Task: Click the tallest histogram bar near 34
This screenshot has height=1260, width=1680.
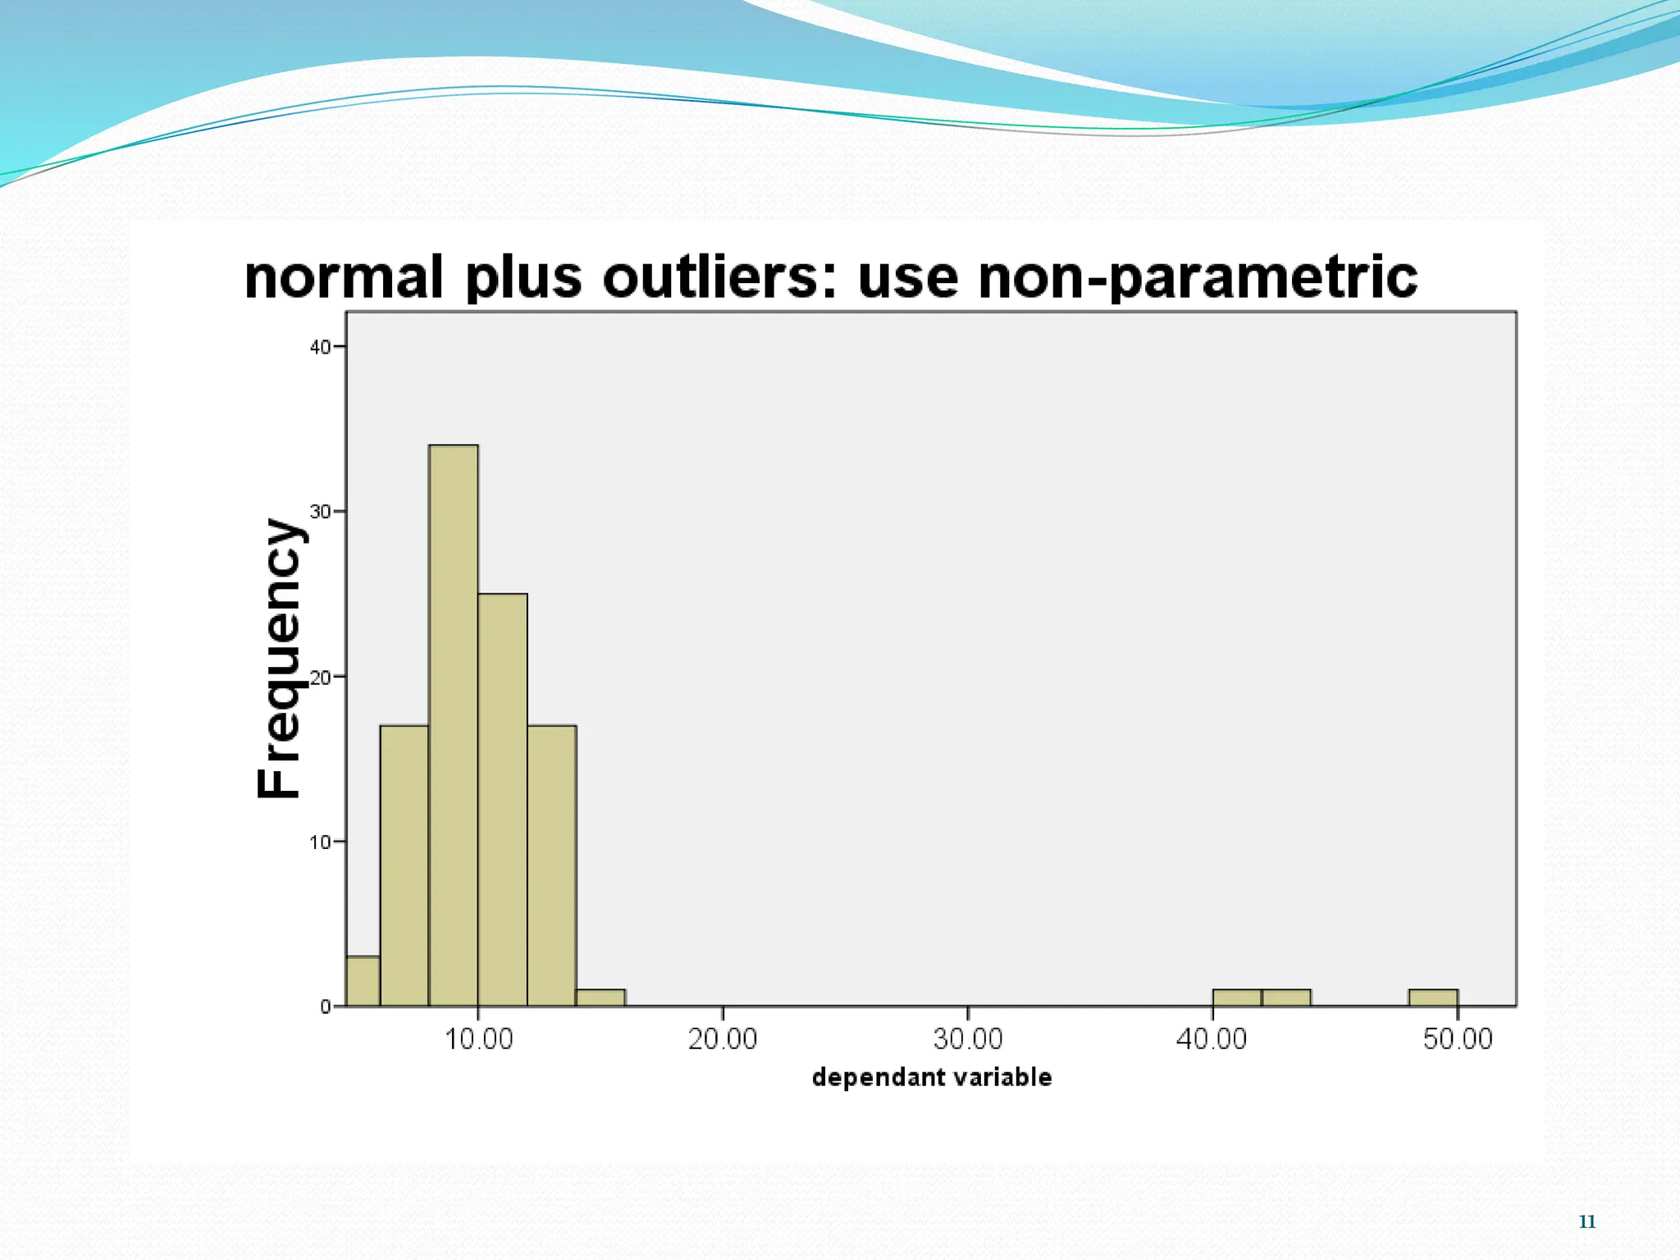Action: point(453,725)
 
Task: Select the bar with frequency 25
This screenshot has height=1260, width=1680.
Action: point(502,800)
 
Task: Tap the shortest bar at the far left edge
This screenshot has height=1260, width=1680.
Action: point(363,981)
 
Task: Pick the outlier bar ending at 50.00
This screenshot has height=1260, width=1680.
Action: point(1433,997)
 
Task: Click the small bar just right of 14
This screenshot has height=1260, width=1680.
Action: point(600,997)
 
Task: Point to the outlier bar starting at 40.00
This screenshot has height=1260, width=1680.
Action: point(1237,997)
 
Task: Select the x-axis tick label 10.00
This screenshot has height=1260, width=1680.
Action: point(478,1039)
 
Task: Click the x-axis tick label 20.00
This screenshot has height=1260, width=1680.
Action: point(723,1039)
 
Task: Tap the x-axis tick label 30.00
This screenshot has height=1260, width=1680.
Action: point(968,1039)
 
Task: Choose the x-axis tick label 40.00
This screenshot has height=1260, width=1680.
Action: point(1212,1039)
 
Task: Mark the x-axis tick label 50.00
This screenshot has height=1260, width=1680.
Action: point(1458,1039)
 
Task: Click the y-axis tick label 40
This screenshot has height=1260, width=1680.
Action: point(319,347)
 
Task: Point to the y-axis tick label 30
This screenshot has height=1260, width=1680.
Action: point(319,512)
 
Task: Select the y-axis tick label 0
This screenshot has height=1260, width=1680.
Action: point(326,1007)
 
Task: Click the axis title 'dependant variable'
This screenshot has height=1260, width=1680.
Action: point(931,1077)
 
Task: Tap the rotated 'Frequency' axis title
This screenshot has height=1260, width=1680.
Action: point(279,658)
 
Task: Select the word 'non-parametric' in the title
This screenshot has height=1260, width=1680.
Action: point(1198,277)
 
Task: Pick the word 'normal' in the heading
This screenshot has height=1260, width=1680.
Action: point(344,277)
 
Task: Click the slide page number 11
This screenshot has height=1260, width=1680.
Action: point(1586,1222)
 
